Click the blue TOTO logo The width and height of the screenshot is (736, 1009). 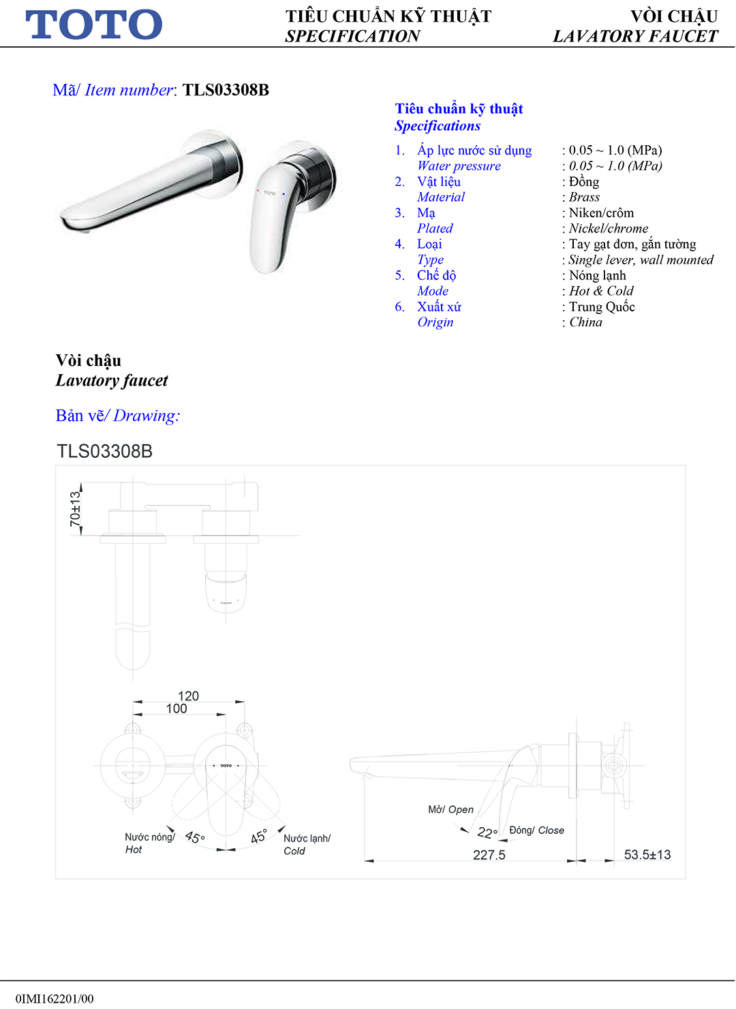tap(94, 25)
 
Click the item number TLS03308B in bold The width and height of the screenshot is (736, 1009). tap(226, 90)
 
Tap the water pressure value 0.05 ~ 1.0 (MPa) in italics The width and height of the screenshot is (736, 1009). tap(615, 166)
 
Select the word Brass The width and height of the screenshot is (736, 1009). tap(584, 197)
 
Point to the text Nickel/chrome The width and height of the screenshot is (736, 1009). tap(608, 228)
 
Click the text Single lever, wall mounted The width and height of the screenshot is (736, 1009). tap(641, 260)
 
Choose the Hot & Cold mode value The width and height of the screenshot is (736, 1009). tap(601, 291)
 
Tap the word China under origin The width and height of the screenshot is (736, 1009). tap(585, 322)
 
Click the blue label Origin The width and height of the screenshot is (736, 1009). tap(435, 322)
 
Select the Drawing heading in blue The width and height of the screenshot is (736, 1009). tap(146, 416)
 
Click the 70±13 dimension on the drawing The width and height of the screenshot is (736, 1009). tap(75, 509)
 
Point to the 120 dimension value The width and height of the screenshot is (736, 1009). tap(188, 696)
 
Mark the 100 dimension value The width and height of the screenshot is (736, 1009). tap(177, 709)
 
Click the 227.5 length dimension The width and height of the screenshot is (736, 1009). tap(489, 855)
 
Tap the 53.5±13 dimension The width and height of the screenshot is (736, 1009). tap(647, 854)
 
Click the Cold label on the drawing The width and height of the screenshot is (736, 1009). tap(294, 851)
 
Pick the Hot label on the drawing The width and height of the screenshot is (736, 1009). tap(134, 850)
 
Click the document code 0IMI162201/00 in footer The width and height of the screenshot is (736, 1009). tap(55, 999)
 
